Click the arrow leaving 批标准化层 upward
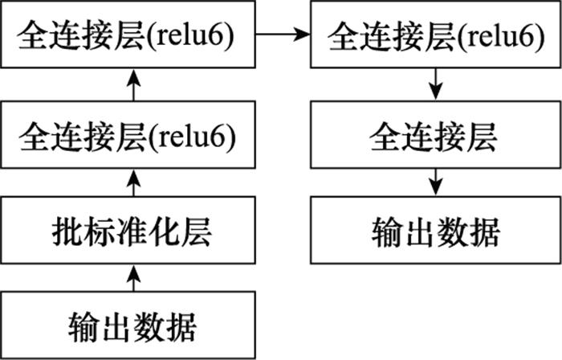(x=134, y=182)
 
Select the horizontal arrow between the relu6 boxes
(x=283, y=35)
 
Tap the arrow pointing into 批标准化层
(x=134, y=278)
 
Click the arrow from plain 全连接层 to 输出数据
(x=435, y=182)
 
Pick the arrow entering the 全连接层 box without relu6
(x=435, y=84)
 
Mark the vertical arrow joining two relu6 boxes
(x=134, y=84)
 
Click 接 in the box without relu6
(x=450, y=137)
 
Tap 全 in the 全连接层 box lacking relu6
(x=385, y=137)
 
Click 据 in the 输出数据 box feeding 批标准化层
(x=181, y=327)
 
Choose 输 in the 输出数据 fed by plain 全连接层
(x=387, y=232)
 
